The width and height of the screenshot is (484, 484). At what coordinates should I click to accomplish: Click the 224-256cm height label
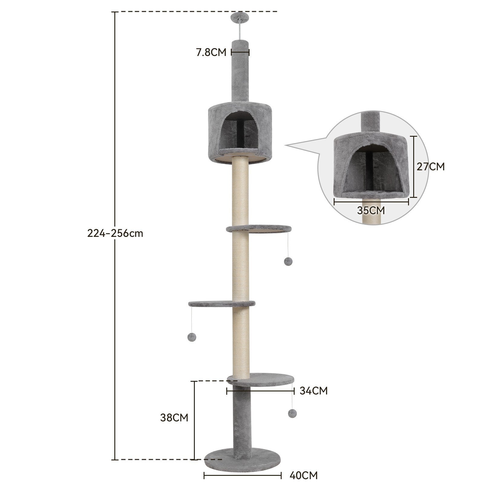(115, 234)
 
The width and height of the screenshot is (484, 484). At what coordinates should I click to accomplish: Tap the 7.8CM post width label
(211, 52)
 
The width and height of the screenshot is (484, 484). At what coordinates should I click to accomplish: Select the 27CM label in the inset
(431, 166)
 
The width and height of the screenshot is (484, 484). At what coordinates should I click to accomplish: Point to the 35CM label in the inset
(371, 210)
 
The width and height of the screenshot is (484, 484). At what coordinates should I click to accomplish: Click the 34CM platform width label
(314, 391)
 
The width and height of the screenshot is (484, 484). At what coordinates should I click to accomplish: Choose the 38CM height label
(174, 418)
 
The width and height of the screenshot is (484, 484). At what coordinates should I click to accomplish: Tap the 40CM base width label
(304, 475)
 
